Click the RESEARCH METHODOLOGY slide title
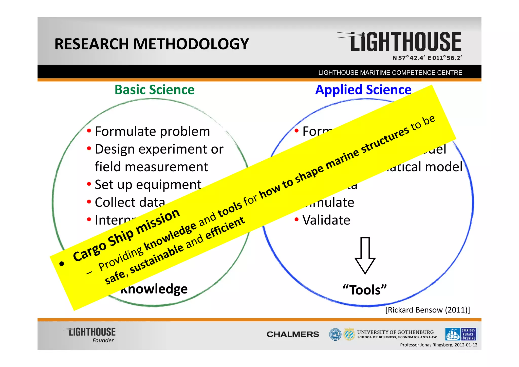coord(152,44)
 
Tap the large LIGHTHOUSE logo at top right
coord(405,42)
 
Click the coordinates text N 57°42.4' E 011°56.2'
coord(427,58)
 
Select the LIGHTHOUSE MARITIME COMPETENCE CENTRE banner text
coord(390,73)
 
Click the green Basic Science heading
coord(154,90)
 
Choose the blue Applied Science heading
coord(363,90)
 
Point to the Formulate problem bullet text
coord(152,131)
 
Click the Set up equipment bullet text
coord(148,185)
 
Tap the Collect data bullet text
coord(130,202)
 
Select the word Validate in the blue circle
coord(326,220)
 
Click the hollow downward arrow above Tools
coord(365,255)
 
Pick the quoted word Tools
coord(365,290)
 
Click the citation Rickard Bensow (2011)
coord(428,310)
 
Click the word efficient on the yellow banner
coord(225,228)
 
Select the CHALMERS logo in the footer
coord(293,334)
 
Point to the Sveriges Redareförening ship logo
coord(460,334)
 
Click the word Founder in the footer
coord(103,340)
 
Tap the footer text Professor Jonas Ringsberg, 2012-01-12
coord(438,345)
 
